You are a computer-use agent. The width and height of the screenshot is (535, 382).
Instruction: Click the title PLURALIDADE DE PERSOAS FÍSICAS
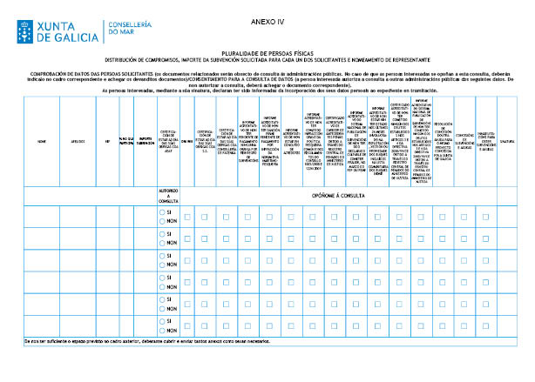(x=267, y=52)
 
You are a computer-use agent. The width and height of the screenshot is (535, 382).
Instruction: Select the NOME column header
(x=41, y=140)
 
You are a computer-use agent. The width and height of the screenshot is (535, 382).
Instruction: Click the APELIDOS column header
(x=78, y=140)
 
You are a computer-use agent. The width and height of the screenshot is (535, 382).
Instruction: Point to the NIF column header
(x=107, y=140)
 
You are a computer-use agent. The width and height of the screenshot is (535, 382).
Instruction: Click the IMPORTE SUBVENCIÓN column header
(x=146, y=140)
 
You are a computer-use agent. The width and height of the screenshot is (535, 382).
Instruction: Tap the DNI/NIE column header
(x=186, y=140)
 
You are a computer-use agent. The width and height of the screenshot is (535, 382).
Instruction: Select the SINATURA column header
(x=508, y=140)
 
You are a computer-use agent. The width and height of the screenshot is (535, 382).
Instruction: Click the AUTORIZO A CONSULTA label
(x=169, y=195)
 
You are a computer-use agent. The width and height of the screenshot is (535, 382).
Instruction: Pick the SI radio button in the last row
(x=162, y=321)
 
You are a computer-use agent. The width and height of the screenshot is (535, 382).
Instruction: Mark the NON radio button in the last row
(x=162, y=331)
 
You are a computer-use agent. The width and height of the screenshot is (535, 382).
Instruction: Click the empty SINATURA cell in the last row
(x=508, y=325)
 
